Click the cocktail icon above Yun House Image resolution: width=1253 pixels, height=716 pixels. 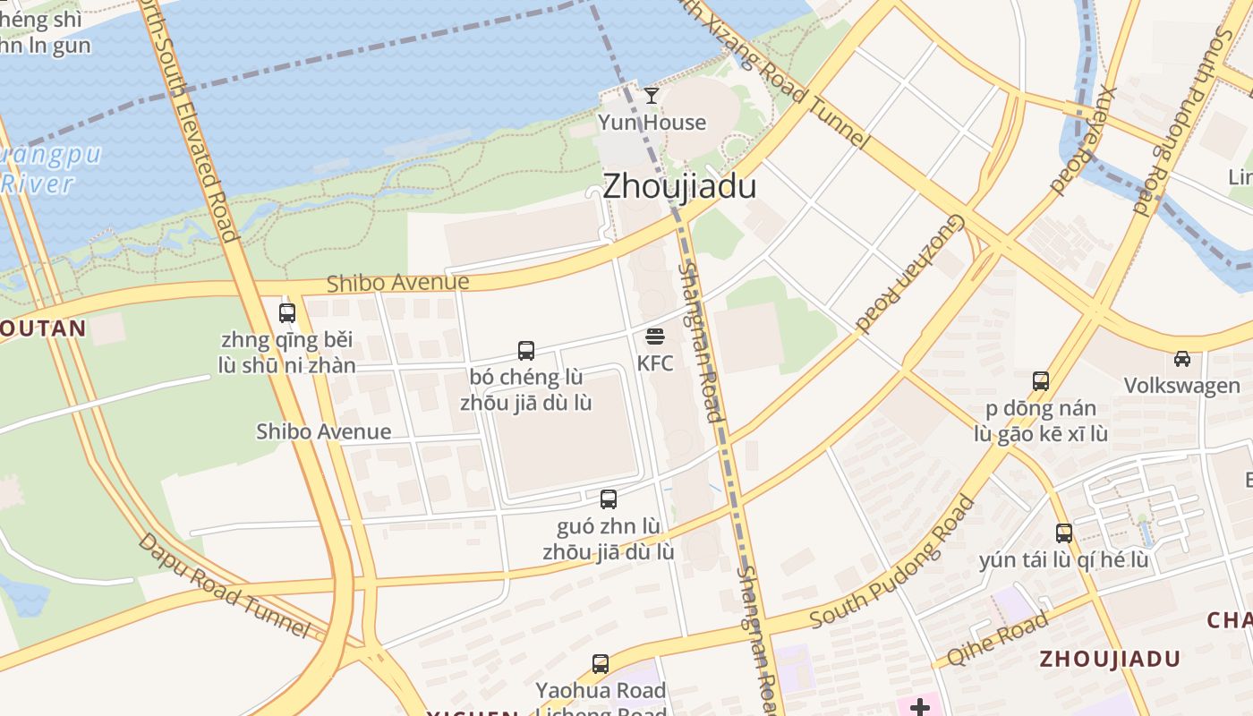[652, 95]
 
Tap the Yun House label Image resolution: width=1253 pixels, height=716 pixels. [652, 123]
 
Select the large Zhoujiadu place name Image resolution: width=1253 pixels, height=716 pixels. [679, 186]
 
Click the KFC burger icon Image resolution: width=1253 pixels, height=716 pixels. [655, 337]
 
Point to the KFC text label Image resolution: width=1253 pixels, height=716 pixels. [655, 363]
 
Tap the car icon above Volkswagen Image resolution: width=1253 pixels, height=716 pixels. [1182, 359]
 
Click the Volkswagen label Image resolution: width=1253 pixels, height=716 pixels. [1181, 386]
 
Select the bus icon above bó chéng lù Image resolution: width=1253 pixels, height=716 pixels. [526, 351]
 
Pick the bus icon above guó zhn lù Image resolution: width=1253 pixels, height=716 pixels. [609, 499]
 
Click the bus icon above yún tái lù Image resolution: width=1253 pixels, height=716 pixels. [1064, 533]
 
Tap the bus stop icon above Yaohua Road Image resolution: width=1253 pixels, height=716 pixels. [601, 664]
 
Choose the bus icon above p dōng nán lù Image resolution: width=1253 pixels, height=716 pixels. [1041, 381]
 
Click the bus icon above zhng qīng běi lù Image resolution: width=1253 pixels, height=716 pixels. [287, 313]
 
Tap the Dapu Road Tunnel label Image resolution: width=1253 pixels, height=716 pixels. [224, 585]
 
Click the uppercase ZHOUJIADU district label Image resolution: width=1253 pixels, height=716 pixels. [1110, 660]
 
